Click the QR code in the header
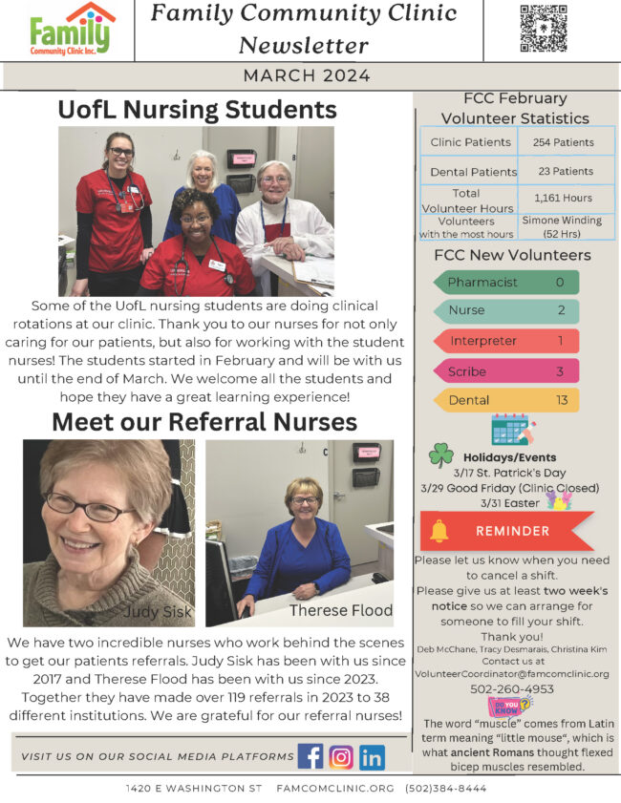[543, 29]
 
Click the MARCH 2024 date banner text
[308, 75]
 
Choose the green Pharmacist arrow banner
[506, 283]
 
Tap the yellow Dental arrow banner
[506, 400]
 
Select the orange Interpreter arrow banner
[506, 341]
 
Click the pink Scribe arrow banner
[506, 371]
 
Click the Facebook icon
[310, 756]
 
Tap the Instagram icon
[341, 756]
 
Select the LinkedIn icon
[372, 756]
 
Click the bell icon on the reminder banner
[439, 531]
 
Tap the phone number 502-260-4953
[511, 688]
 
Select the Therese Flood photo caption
[340, 610]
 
